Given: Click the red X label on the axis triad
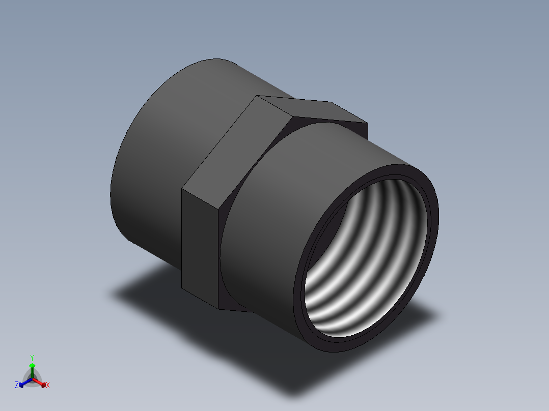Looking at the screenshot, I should tap(48, 386).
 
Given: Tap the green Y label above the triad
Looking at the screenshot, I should tap(32, 358).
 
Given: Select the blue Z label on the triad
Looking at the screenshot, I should tap(17, 385).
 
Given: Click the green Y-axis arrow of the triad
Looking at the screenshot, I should tap(32, 368).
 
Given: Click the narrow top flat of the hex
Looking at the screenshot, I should tap(311, 109).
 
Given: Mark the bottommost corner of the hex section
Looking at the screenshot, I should tap(219, 309).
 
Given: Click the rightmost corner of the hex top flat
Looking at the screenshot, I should tap(367, 123).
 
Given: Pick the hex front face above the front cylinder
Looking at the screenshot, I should tap(326, 121).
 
